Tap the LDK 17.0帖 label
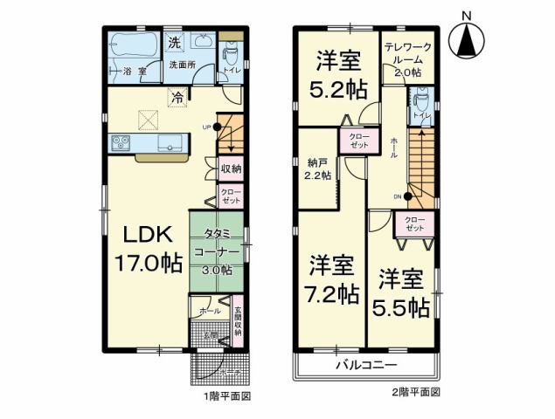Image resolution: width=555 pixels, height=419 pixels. [x=146, y=248]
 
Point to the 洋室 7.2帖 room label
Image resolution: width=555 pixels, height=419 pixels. [x=333, y=277]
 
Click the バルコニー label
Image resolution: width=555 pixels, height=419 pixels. [x=367, y=365]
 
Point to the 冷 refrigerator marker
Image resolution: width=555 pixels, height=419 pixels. [x=177, y=98]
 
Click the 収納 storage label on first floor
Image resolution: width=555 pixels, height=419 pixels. [x=230, y=168]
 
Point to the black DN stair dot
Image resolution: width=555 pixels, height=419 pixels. [x=407, y=196]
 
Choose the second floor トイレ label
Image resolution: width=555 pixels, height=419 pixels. [x=420, y=113]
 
